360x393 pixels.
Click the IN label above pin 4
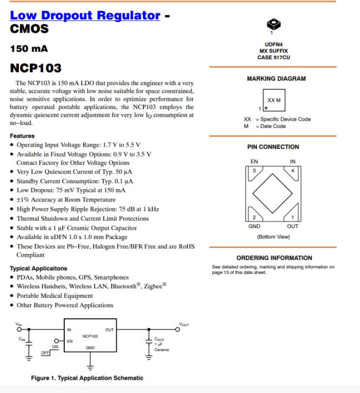coord(292,162)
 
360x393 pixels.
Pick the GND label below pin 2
coord(254,226)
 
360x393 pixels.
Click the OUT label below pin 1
coord(292,226)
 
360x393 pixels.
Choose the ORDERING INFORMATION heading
coord(274,258)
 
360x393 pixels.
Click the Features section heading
coord(22,136)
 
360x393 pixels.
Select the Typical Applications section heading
coord(39,268)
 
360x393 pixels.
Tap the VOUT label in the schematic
coord(184,324)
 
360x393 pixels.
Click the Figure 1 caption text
coord(87,378)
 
